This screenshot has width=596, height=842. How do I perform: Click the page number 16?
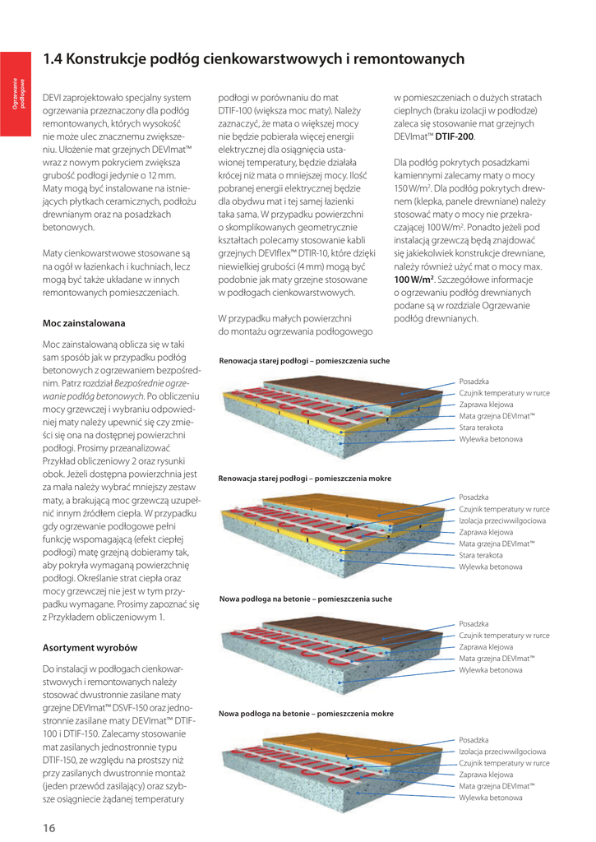[49, 827]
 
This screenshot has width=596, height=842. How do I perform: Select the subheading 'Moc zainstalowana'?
[84, 323]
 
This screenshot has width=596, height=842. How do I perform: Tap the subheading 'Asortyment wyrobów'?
[90, 647]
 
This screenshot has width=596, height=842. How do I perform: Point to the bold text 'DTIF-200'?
[457, 136]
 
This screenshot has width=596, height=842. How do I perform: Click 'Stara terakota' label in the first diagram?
[482, 428]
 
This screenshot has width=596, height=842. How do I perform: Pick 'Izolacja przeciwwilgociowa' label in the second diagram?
[502, 520]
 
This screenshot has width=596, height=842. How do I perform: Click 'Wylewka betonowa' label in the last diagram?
[490, 798]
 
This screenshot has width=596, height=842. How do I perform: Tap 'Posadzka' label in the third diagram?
[474, 624]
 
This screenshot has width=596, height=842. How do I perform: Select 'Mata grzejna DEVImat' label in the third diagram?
[497, 658]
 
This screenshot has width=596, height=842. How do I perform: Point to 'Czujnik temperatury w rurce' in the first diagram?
[504, 393]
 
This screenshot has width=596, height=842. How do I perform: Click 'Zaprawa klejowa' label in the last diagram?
[486, 775]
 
